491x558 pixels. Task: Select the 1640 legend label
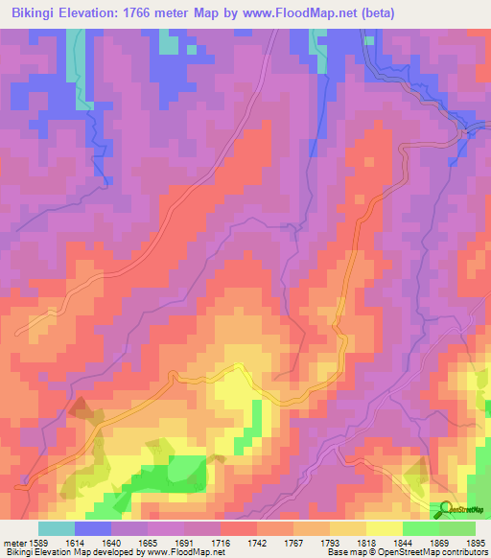pyautogui.click(x=112, y=542)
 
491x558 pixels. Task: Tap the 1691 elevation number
pyautogui.click(x=185, y=542)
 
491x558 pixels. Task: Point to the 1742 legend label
pyautogui.click(x=258, y=542)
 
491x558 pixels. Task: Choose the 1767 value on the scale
pyautogui.click(x=294, y=542)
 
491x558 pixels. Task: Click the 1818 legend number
pyautogui.click(x=367, y=542)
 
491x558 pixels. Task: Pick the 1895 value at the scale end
pyautogui.click(x=477, y=542)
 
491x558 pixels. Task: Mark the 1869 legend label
pyautogui.click(x=440, y=542)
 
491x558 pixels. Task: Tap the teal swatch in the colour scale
pyautogui.click(x=57, y=528)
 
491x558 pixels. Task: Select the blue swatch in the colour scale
pyautogui.click(x=93, y=528)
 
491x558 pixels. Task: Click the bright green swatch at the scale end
pyautogui.click(x=457, y=528)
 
